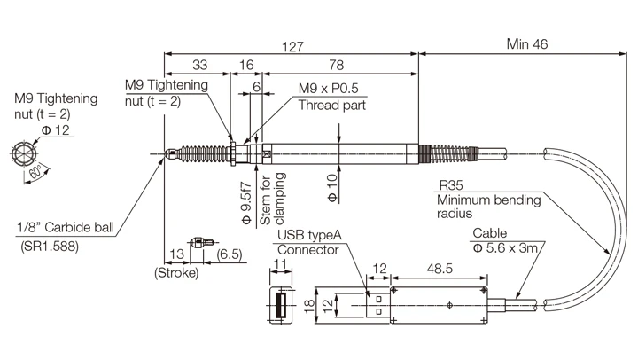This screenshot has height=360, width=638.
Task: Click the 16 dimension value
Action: pos(246,66)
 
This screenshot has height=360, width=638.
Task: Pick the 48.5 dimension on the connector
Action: pos(440,267)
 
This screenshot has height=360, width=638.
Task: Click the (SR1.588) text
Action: pos(50,247)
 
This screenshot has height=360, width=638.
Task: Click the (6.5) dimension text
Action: pos(230,255)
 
